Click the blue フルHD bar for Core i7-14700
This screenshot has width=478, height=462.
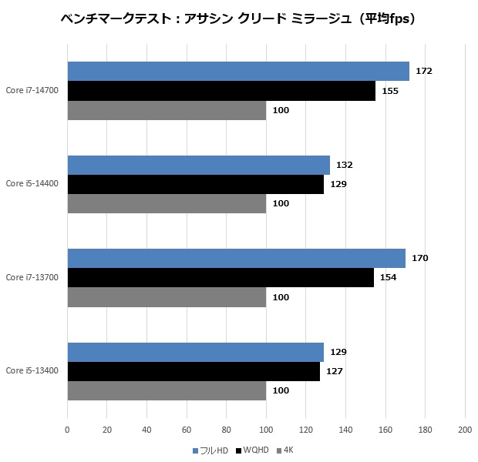(x=238, y=71)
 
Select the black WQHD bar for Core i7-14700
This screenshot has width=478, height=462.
(x=221, y=91)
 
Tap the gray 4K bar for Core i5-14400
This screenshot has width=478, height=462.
(x=167, y=204)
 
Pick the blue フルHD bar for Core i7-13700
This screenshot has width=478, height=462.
(x=236, y=258)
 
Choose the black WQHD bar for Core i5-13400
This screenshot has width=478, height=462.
(x=194, y=371)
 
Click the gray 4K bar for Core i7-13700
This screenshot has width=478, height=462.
(x=167, y=297)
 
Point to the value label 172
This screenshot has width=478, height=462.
(x=423, y=71)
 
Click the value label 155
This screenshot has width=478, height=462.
(x=389, y=91)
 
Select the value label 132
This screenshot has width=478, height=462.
(x=344, y=165)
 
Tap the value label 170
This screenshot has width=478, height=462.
(x=419, y=258)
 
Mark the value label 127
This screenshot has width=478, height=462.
(x=334, y=371)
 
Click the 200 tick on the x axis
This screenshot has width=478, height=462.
(x=465, y=429)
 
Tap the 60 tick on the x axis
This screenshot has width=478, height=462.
(x=187, y=429)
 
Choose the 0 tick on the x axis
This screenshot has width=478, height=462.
(x=68, y=429)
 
